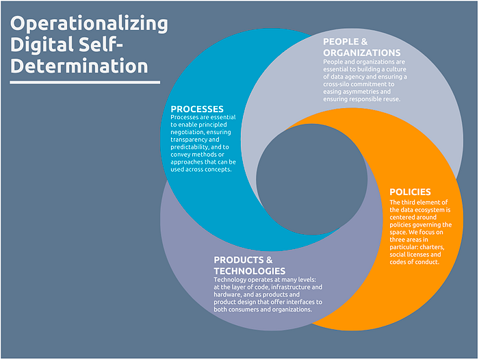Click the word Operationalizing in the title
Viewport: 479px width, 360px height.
[x=89, y=24]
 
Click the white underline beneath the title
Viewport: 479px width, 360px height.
[x=85, y=82]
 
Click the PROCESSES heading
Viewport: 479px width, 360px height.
[x=197, y=109]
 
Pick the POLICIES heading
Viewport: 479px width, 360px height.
[x=410, y=192]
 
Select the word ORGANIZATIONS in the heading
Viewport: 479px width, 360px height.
[x=362, y=53]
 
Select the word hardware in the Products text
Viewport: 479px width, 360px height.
[x=230, y=295]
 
